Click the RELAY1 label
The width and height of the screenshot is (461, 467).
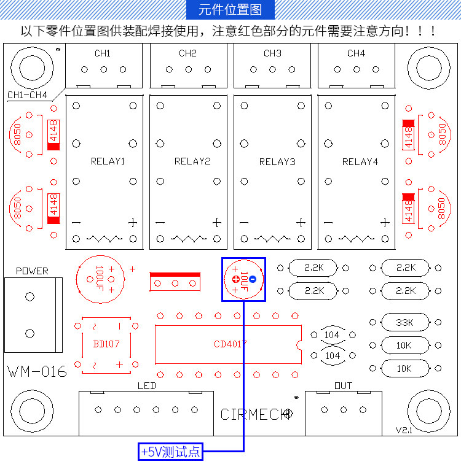(x=108, y=161)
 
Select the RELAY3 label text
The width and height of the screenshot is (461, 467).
(x=277, y=161)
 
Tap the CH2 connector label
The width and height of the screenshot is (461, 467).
(x=187, y=53)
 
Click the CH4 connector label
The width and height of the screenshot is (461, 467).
(x=356, y=53)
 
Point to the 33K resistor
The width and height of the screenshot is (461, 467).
(x=404, y=322)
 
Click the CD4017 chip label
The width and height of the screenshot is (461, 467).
(x=230, y=344)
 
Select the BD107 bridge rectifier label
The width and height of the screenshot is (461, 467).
(x=106, y=344)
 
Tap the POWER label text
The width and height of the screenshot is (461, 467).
(x=32, y=271)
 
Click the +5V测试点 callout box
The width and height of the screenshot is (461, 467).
(x=170, y=453)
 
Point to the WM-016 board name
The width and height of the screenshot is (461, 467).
(x=37, y=371)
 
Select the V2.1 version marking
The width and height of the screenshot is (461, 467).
(x=403, y=431)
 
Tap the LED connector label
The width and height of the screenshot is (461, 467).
(x=147, y=385)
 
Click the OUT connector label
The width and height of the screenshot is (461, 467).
(x=343, y=385)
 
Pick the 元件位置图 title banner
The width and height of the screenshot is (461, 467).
(x=230, y=10)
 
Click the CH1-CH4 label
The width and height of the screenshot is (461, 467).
(x=27, y=95)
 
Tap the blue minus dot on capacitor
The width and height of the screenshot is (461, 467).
(x=252, y=279)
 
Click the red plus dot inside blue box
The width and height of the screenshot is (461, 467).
(x=235, y=279)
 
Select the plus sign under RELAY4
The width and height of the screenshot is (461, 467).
(x=385, y=223)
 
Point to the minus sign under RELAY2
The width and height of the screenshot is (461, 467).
(x=160, y=223)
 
